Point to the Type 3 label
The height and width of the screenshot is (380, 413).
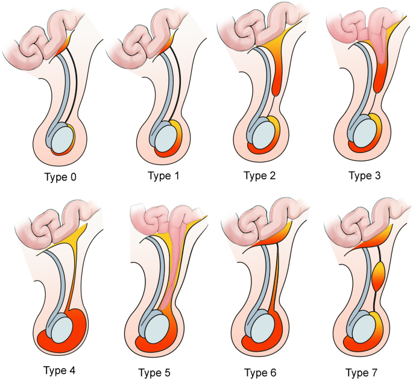364,176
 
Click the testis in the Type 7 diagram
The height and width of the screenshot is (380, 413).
364,329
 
